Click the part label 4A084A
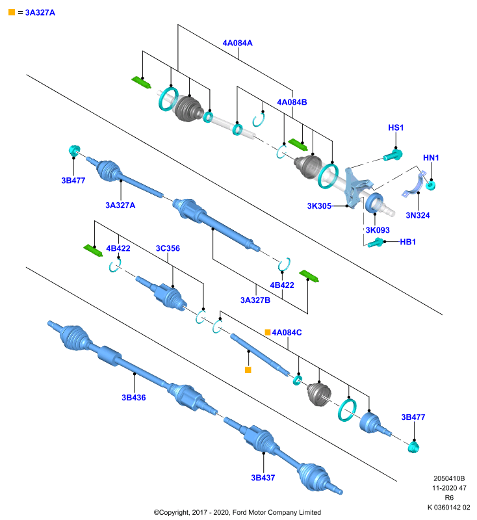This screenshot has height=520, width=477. point(237,43)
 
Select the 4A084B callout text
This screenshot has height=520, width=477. point(292,102)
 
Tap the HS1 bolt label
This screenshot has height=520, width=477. point(396,127)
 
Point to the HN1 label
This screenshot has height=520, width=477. point(431,158)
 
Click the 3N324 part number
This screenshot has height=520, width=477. point(418,216)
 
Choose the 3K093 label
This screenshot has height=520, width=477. point(378,230)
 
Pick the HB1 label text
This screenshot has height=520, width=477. point(407,242)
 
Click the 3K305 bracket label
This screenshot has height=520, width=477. point(319,206)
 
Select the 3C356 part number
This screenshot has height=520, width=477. point(168,248)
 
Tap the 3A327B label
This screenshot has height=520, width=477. point(255,300)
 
